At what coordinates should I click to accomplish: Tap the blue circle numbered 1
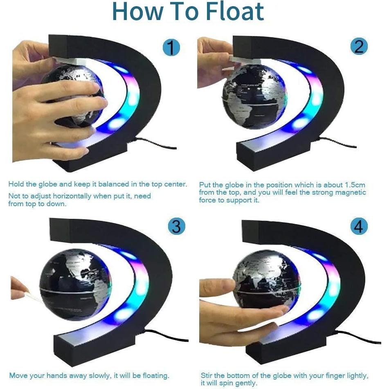pos(171,47)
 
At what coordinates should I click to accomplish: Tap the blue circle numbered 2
pos(359,47)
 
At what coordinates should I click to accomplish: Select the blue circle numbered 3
pos(176,226)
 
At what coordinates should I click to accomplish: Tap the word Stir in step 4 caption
pos(207,376)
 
